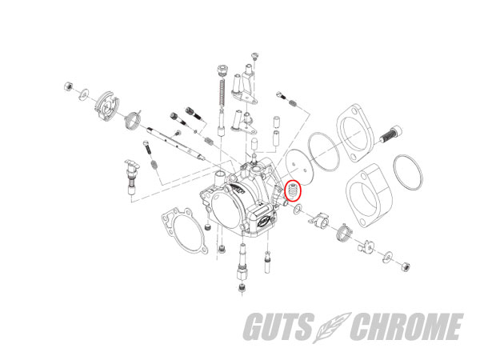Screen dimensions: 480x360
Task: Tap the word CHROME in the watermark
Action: pyautogui.click(x=407, y=326)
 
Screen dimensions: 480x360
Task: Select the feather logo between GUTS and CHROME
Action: pyautogui.click(x=332, y=327)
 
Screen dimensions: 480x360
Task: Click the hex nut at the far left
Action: pyautogui.click(x=68, y=86)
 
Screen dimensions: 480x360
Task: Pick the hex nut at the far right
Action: pyautogui.click(x=406, y=266)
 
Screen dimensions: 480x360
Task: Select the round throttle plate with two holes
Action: pyautogui.click(x=298, y=167)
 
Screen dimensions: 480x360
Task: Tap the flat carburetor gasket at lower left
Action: pyautogui.click(x=184, y=229)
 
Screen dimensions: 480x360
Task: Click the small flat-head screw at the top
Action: pyautogui.click(x=255, y=55)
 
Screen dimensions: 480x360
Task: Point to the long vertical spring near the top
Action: pyautogui.click(x=222, y=93)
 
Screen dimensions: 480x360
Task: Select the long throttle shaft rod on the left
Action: pyautogui.click(x=176, y=143)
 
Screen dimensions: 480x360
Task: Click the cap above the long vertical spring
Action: pyautogui.click(x=222, y=70)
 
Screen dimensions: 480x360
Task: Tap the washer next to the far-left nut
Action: pyautogui.click(x=84, y=94)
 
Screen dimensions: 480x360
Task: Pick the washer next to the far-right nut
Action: pyautogui.click(x=388, y=257)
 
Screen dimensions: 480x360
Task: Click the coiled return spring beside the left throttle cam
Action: pyautogui.click(x=133, y=119)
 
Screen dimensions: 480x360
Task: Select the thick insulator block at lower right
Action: pyautogui.click(x=369, y=196)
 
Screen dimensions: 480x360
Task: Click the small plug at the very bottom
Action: pyautogui.click(x=242, y=288)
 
